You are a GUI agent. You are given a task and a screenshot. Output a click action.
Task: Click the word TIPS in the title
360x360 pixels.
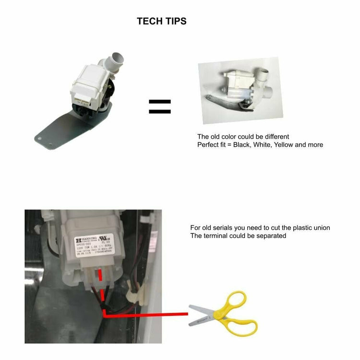coord(175,21)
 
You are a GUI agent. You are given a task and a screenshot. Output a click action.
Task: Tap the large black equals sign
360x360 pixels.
coord(160,107)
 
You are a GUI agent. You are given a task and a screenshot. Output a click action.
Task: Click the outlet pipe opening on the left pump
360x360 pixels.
coord(117,60)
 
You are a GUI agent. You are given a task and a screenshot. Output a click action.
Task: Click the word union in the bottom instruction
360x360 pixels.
coord(320,228)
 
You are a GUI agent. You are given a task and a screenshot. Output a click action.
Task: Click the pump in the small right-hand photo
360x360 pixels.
coord(238,89)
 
